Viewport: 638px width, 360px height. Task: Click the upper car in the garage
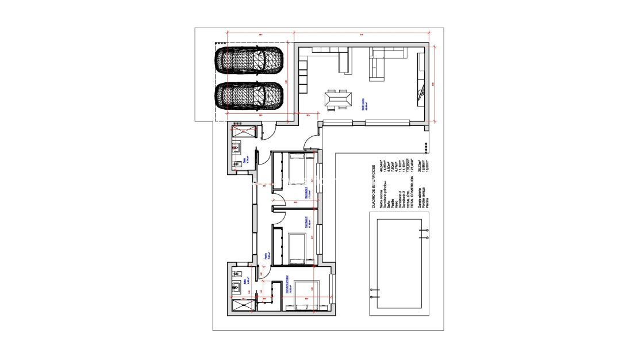click(x=249, y=60)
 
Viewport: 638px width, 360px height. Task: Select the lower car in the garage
click(x=249, y=96)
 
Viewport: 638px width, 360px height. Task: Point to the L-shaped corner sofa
click(x=379, y=63)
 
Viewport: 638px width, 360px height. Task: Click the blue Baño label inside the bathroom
click(x=245, y=282)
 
